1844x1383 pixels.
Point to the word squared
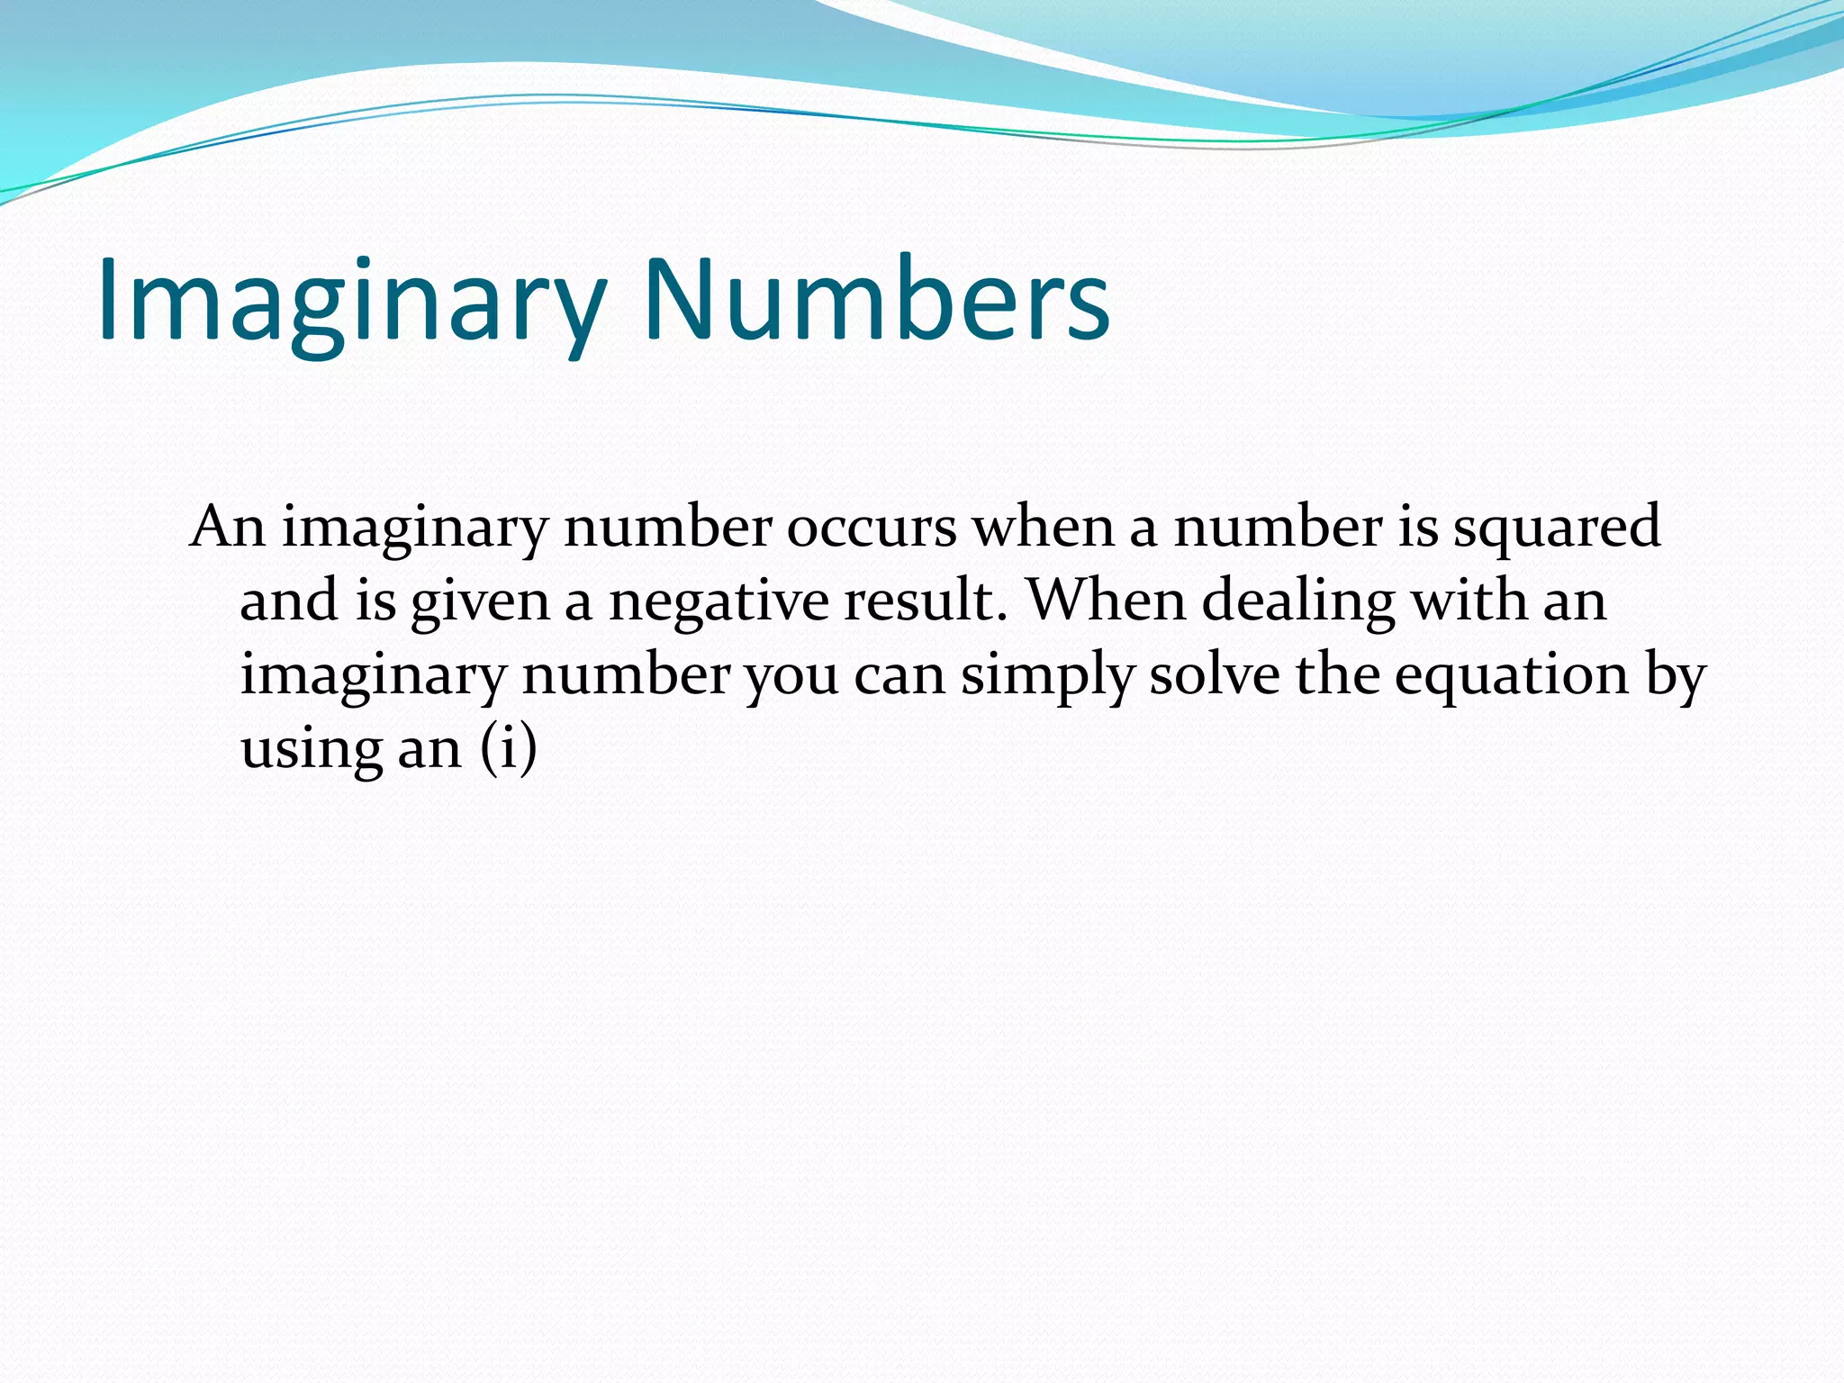[x=1557, y=529]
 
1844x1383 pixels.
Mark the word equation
[x=1512, y=676]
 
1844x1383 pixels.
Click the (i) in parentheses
[x=508, y=748]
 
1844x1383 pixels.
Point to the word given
[x=480, y=601]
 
